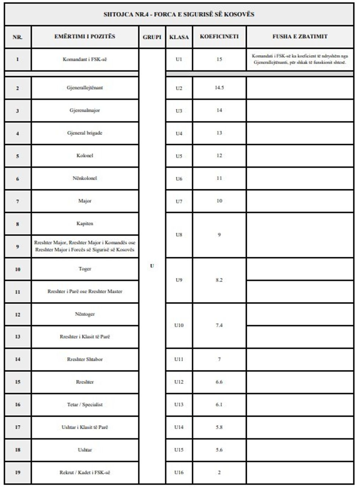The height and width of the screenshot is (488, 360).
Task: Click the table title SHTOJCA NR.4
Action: (x=179, y=14)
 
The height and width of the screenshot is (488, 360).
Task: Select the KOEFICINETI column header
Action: (x=219, y=37)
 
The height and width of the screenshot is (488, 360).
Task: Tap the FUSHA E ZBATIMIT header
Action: (x=300, y=37)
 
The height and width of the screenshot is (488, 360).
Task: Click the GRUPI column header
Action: (x=152, y=37)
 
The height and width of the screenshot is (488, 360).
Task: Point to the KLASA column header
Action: (x=179, y=37)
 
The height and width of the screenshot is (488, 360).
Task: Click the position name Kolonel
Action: (x=85, y=156)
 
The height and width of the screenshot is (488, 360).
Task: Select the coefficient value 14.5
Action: (x=219, y=88)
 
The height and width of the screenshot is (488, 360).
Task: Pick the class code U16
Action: (x=179, y=473)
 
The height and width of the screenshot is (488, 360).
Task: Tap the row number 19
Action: (x=18, y=473)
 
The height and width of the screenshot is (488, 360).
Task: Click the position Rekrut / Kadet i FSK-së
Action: (x=85, y=473)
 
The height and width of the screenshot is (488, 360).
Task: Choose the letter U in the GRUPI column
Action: (x=152, y=266)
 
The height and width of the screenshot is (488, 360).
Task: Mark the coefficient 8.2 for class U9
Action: (x=219, y=280)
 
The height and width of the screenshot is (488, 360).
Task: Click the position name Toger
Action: (x=85, y=269)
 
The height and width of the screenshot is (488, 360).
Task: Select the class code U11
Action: (x=179, y=359)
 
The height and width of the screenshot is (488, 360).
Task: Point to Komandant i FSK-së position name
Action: (x=85, y=60)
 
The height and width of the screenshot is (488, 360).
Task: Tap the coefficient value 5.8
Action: (x=219, y=427)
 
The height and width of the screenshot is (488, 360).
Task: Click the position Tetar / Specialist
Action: (x=85, y=405)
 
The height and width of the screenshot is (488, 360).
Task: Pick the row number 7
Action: (x=18, y=201)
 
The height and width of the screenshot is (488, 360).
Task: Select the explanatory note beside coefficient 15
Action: (x=300, y=59)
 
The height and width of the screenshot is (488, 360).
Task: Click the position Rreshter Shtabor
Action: (x=85, y=359)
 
